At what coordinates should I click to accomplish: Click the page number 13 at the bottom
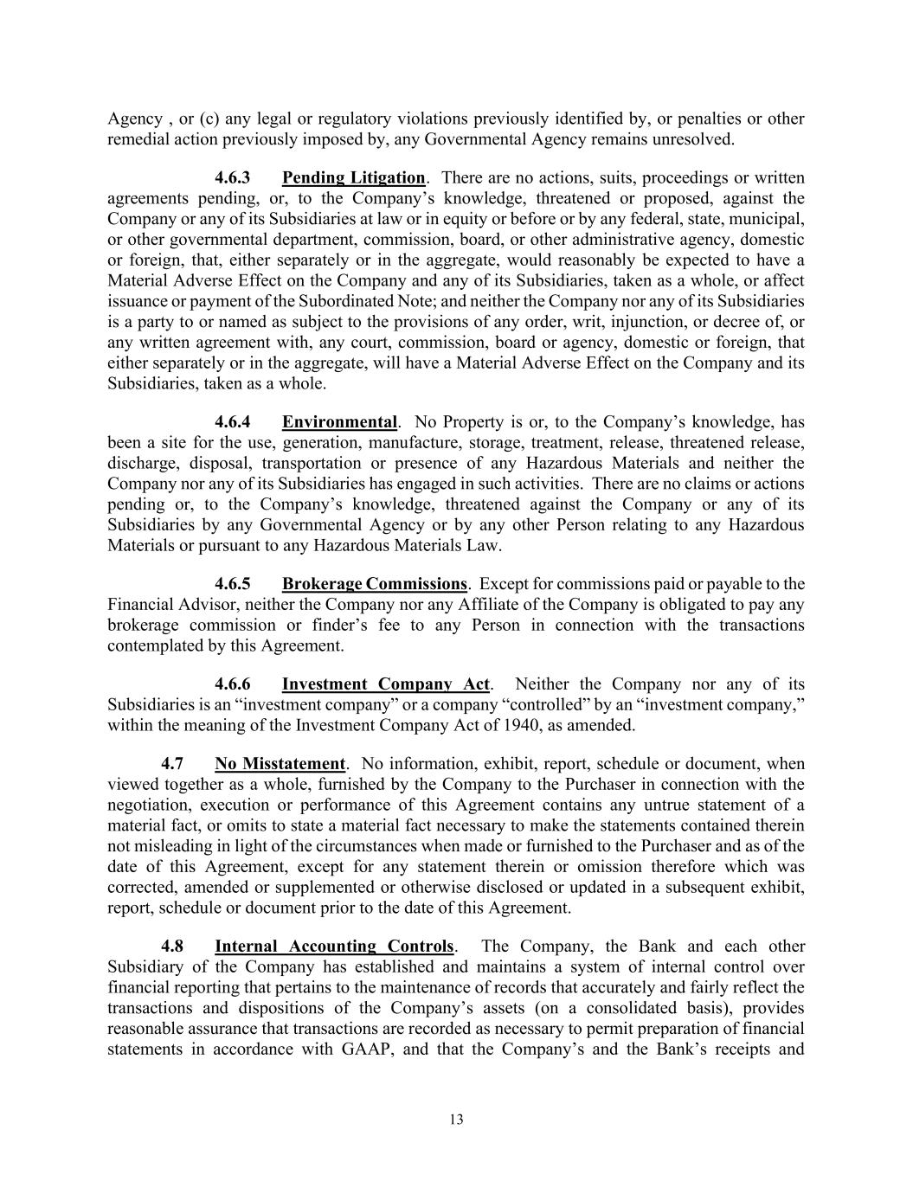[456, 1120]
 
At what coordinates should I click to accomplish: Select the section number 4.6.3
[233, 178]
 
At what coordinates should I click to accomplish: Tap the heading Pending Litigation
[353, 178]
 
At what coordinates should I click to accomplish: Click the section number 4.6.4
[233, 422]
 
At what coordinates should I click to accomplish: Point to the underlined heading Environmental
[339, 422]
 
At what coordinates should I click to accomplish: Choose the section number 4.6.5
[233, 584]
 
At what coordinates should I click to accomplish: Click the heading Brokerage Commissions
[374, 584]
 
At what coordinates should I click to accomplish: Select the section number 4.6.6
[233, 684]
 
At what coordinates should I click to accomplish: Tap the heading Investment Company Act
[385, 684]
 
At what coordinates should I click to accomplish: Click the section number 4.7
[172, 764]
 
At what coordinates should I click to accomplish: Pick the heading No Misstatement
[280, 764]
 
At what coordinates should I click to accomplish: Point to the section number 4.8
[172, 947]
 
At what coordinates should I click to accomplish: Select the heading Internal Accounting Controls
[333, 947]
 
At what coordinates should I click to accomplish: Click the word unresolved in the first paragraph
[699, 139]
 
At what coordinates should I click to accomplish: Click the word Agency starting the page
[134, 119]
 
